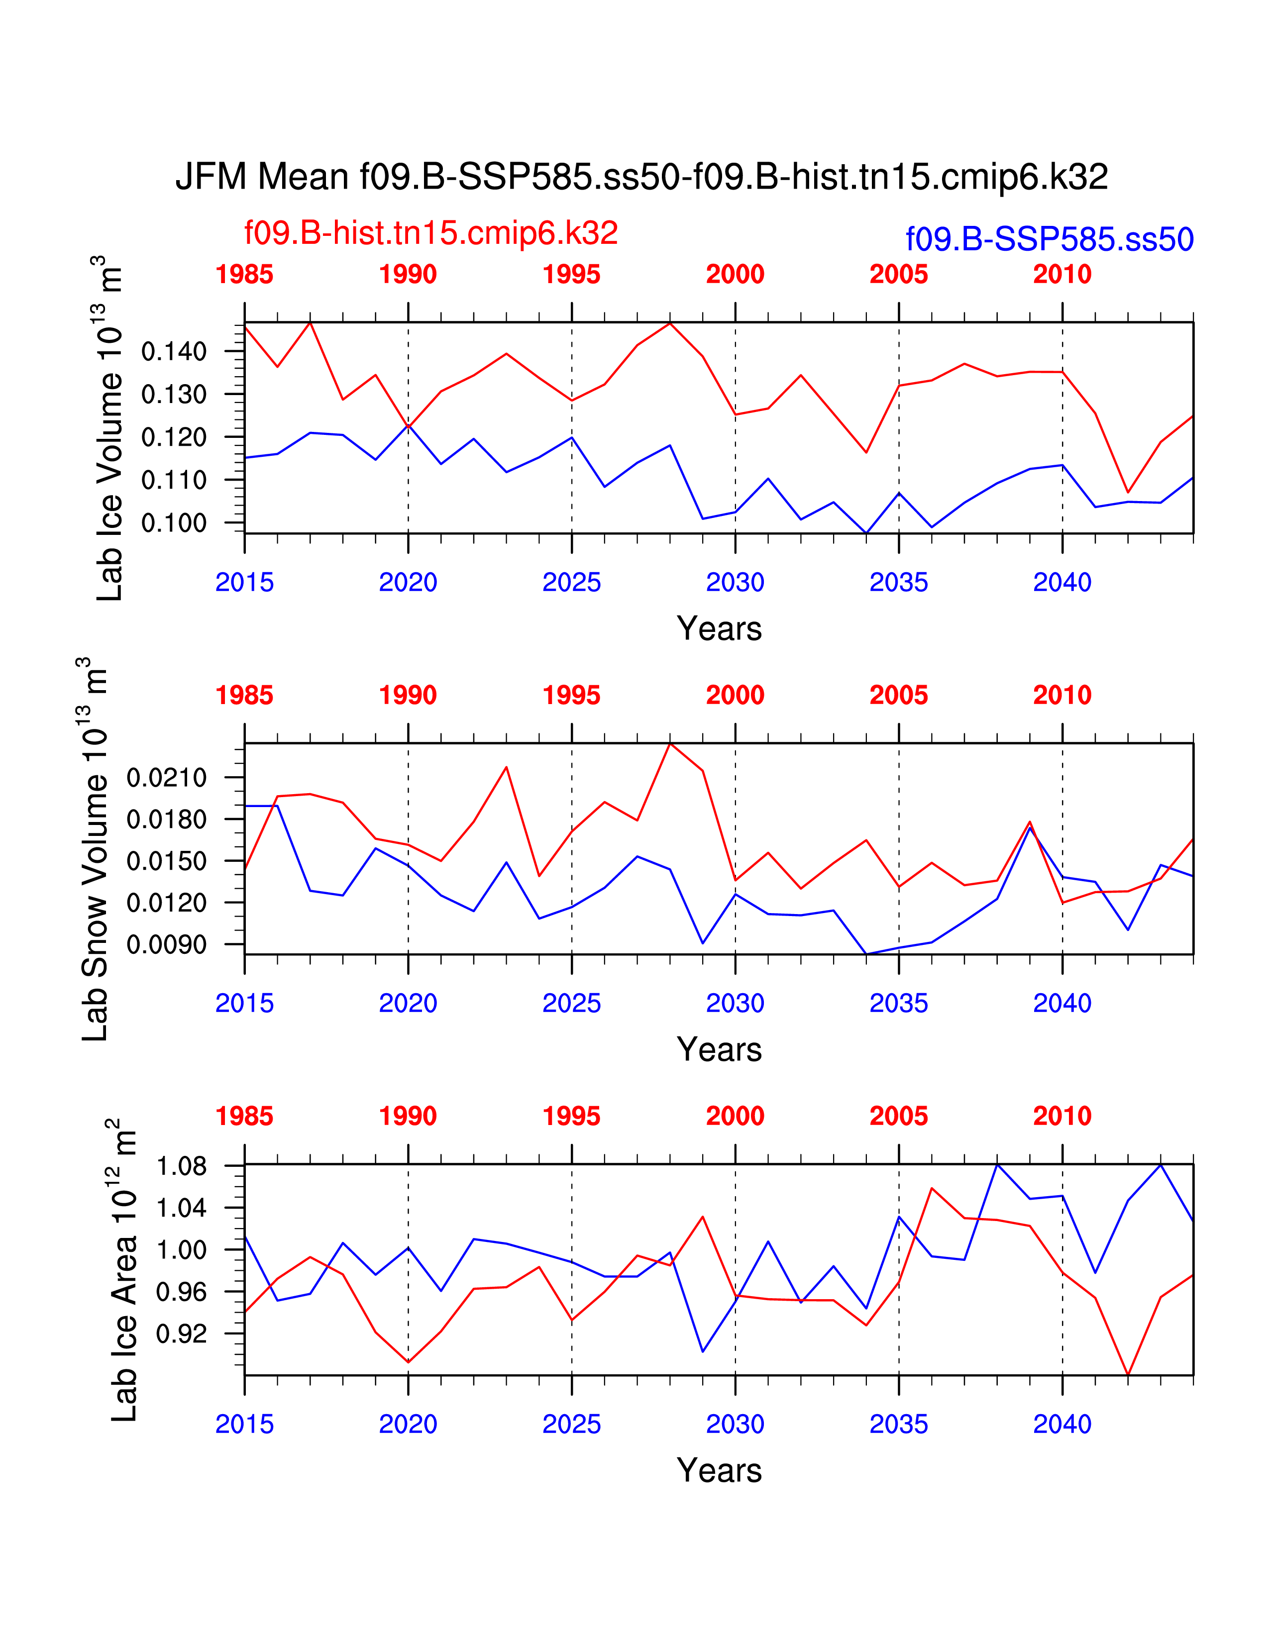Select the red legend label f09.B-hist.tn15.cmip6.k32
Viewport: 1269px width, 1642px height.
(431, 233)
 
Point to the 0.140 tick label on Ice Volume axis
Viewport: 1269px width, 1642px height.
(174, 351)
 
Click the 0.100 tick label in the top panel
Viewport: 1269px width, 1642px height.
(174, 522)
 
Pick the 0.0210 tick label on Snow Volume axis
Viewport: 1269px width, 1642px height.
(166, 777)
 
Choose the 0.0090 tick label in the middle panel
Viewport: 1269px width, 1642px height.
(166, 944)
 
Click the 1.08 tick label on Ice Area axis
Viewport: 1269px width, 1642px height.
(181, 1166)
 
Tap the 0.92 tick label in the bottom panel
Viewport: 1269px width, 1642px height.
(181, 1334)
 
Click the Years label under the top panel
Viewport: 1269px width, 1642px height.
(719, 628)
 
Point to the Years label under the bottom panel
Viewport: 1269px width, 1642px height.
(719, 1470)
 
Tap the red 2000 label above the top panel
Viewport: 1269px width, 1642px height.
(735, 275)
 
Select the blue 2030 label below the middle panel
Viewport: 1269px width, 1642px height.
(735, 1003)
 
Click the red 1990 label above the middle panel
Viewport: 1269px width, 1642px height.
(408, 696)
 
